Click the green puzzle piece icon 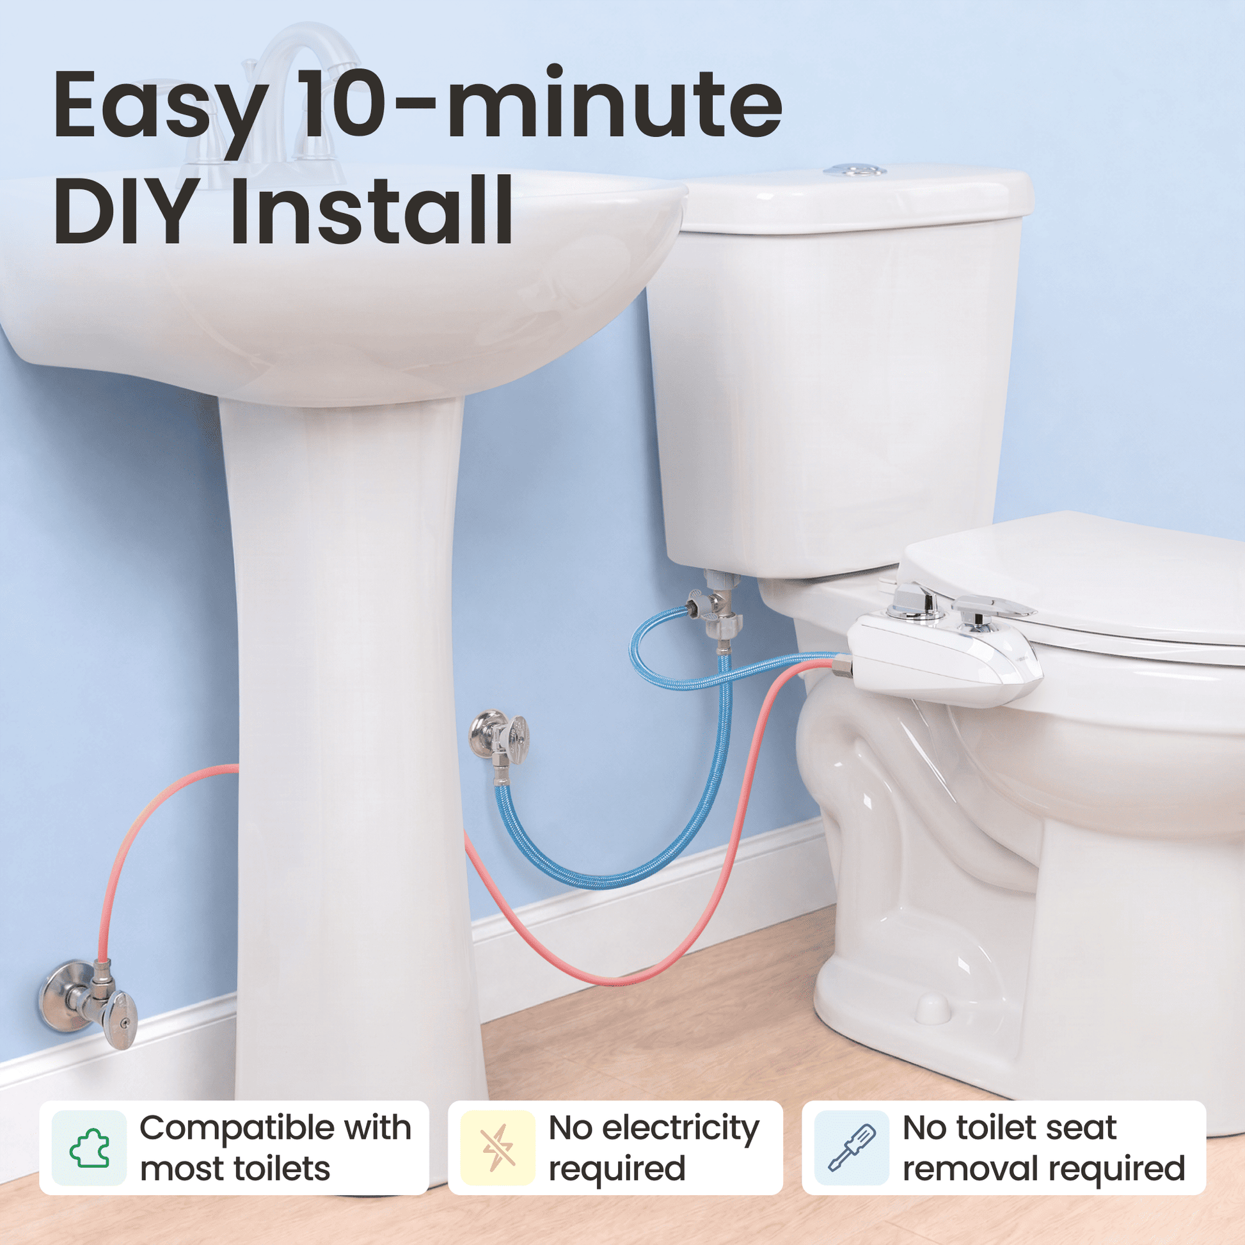(x=89, y=1148)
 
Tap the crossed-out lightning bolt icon (x=498, y=1148)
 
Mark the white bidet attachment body (x=941, y=657)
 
